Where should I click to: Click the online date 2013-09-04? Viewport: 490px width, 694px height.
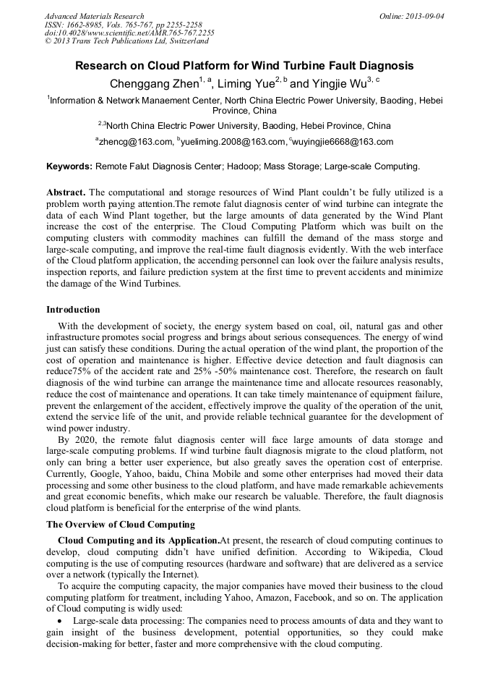tap(425, 15)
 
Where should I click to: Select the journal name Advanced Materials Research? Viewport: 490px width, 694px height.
tap(95, 15)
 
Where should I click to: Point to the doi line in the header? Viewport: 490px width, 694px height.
tap(129, 33)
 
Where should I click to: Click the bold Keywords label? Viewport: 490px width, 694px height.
tap(69, 166)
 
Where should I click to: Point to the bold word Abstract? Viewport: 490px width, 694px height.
tap(66, 192)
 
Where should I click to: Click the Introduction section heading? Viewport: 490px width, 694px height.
tap(73, 309)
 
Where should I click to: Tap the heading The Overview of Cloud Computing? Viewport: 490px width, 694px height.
tap(120, 524)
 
